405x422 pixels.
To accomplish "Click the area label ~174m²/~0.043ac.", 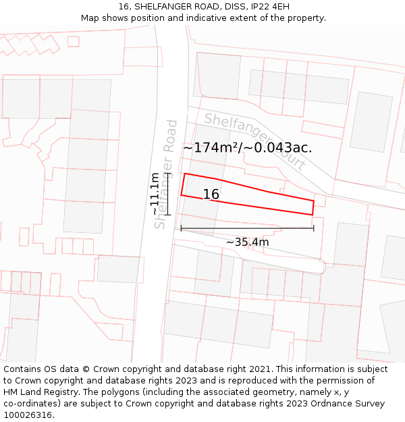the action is tap(247, 148).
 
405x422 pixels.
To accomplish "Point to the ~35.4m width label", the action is tap(247, 242).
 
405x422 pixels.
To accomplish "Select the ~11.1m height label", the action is tap(155, 194).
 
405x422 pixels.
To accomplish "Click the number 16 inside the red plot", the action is tap(211, 194).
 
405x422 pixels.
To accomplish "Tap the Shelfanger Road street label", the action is tap(166, 174).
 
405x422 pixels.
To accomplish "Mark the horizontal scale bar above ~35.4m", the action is tap(247, 228).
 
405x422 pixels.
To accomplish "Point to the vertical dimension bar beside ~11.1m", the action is tap(167, 194).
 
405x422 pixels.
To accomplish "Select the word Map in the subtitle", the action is tap(90, 18).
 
